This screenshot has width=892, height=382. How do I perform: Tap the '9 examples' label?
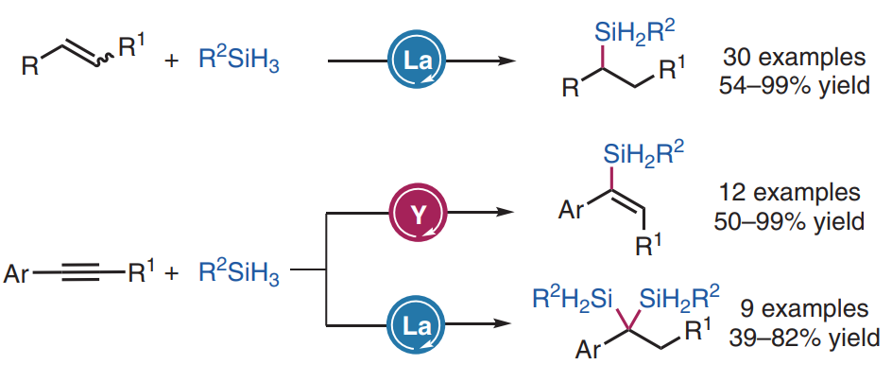(x=801, y=308)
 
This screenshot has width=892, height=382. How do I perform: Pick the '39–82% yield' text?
(x=801, y=338)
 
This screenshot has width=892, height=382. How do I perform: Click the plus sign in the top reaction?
(x=171, y=66)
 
